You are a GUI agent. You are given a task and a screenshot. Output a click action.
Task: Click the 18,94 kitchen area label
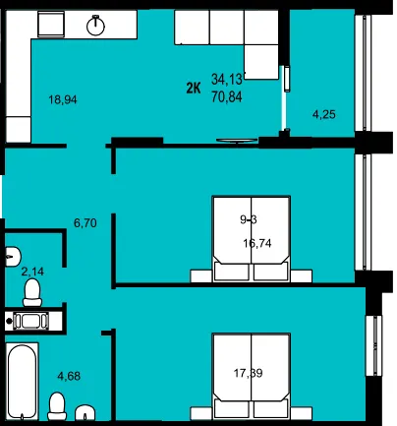coord(63,99)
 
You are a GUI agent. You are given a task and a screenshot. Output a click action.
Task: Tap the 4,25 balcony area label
coord(324,114)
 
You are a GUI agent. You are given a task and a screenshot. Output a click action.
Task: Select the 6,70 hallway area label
coord(85,223)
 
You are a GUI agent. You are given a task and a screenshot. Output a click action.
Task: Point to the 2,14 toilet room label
coord(32,272)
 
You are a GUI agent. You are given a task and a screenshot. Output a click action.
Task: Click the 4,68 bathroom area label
coord(69,376)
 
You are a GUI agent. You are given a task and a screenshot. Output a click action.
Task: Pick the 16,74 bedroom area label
coord(257,243)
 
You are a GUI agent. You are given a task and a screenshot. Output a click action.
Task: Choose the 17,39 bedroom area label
coord(249,373)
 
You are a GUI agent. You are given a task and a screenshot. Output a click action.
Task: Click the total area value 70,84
coord(227,97)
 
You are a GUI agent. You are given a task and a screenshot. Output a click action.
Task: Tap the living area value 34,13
coord(227,79)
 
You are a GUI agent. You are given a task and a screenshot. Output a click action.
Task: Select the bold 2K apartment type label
coord(194,89)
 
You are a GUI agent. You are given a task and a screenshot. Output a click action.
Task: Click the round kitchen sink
coord(95,25)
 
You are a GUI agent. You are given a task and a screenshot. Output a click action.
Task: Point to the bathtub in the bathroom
coord(23,382)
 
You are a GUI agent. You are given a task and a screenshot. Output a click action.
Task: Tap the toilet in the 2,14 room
coord(32,292)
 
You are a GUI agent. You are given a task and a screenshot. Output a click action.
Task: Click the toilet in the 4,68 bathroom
coord(57,406)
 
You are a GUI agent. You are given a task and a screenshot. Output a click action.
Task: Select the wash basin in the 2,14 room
coord(13,255)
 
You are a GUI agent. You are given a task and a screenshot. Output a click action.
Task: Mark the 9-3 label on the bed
coord(249,219)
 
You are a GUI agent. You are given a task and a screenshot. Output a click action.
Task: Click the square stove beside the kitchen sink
coord(51,24)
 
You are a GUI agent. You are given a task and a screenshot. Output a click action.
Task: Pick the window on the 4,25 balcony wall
coord(364,73)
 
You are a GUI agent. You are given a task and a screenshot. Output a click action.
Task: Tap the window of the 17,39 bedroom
coord(374,345)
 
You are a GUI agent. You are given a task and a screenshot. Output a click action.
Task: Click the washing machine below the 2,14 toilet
coord(30,321)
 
